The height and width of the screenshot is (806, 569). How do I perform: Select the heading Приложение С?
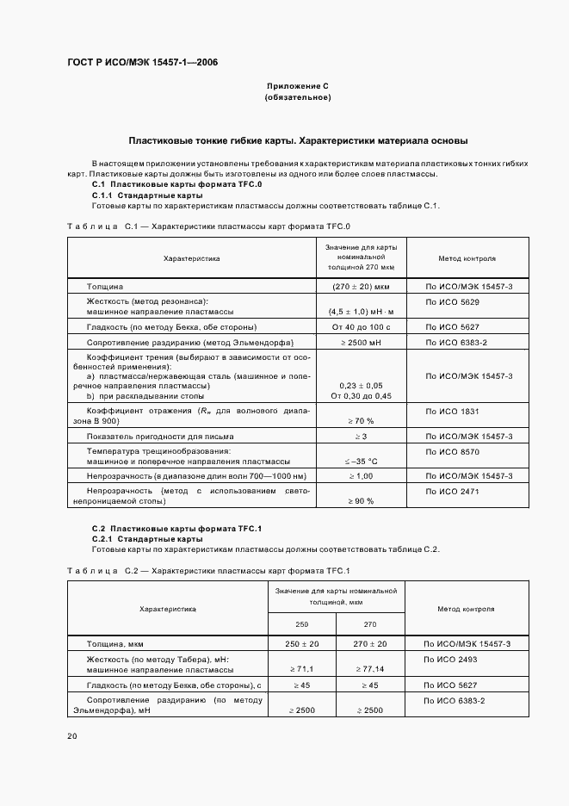(x=298, y=86)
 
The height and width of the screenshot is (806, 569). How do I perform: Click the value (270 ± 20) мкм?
(x=361, y=286)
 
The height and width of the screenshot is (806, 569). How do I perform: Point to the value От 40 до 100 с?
(x=361, y=327)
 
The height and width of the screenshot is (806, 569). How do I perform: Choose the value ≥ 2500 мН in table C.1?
(x=361, y=343)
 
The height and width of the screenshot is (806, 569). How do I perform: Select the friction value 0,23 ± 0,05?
(x=361, y=385)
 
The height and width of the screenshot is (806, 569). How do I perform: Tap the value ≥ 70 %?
(x=361, y=420)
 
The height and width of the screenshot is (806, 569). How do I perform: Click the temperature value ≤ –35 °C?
(x=361, y=461)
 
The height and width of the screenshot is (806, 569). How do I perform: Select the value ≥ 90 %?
(x=361, y=500)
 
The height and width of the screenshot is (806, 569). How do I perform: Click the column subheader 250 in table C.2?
(x=301, y=624)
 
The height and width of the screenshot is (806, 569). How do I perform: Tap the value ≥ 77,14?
(x=369, y=668)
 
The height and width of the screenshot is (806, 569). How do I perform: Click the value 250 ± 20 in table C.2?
(x=301, y=643)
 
